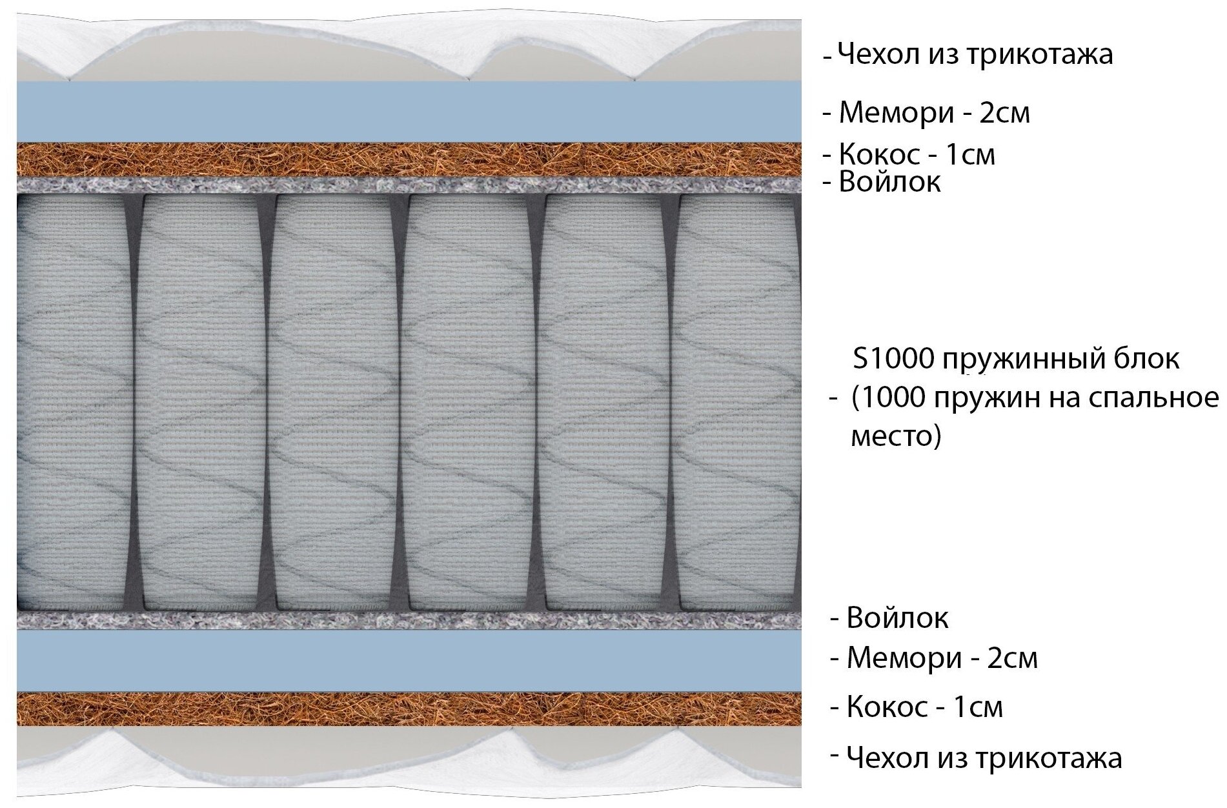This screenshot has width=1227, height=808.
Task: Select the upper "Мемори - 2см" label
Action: (x=934, y=113)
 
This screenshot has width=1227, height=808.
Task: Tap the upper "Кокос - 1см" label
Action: (x=917, y=155)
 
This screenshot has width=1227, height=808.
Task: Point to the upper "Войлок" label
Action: (x=889, y=183)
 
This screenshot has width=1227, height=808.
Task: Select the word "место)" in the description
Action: (x=896, y=437)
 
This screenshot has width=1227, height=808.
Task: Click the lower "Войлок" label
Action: (x=897, y=618)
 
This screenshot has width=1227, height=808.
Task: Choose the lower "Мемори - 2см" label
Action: (x=942, y=658)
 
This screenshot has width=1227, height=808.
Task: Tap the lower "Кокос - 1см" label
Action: (x=924, y=707)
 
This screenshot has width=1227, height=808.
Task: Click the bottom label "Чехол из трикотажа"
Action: (x=983, y=758)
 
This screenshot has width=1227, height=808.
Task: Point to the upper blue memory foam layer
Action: (x=408, y=111)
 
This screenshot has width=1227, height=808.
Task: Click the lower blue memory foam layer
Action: (x=408, y=662)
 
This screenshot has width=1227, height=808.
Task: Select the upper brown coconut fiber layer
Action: (x=408, y=159)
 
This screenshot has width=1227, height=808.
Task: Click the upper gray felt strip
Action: (x=408, y=185)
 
